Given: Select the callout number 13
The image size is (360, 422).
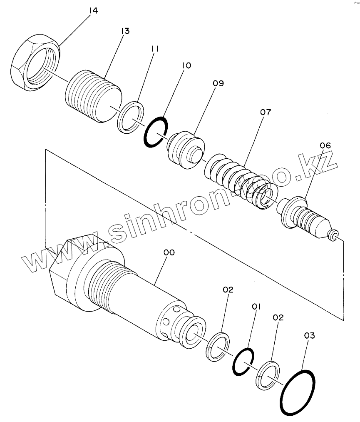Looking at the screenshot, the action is (125, 31).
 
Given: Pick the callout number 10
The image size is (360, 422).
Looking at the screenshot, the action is (186, 65).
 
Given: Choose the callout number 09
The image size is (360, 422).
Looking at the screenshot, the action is (218, 83).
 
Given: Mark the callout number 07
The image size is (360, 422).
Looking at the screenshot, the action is (266, 112).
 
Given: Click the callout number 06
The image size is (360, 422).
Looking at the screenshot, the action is (325, 145).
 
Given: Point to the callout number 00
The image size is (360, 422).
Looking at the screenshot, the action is (169, 252).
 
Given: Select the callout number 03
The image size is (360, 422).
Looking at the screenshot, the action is (310, 335).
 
